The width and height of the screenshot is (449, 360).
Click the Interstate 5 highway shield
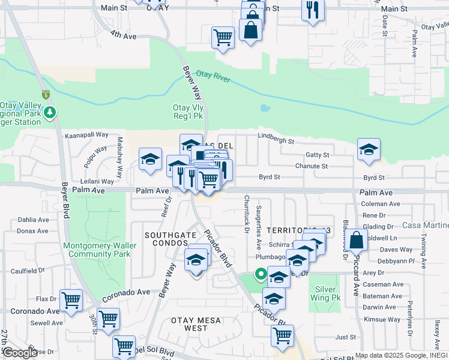coord(46,94)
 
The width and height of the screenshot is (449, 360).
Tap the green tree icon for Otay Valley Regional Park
coord(52,112)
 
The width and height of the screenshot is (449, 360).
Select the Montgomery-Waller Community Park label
coord(100,250)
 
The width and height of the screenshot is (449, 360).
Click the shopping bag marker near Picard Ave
coord(356,239)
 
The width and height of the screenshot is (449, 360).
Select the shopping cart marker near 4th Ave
coord(223,37)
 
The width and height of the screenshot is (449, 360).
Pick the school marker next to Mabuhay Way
coord(150,159)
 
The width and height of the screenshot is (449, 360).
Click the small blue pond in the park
coord(265,109)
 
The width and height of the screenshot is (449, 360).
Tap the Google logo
coord(19,353)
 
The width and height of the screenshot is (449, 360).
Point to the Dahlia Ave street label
coord(33,220)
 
